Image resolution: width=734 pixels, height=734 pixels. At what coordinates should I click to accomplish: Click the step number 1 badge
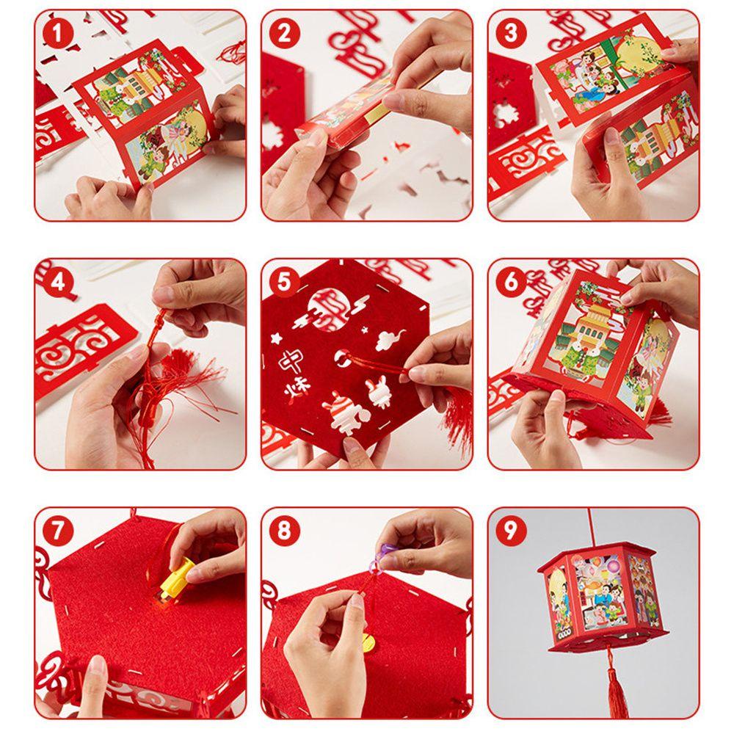click(x=57, y=33)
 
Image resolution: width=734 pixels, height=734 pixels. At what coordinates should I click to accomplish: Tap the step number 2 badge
click(x=284, y=33)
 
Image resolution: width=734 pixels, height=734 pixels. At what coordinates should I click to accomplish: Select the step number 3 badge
click(x=511, y=33)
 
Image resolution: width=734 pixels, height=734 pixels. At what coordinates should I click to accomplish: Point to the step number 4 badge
click(x=57, y=283)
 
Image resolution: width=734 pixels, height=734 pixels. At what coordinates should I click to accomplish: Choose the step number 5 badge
click(x=284, y=283)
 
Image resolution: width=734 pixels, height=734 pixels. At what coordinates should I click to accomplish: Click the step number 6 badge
click(x=511, y=283)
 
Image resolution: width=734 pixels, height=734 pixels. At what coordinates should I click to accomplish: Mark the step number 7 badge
click(x=57, y=531)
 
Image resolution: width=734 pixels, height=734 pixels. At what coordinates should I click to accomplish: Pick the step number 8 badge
click(x=284, y=531)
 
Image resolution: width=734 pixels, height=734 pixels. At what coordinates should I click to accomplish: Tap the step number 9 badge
click(x=511, y=531)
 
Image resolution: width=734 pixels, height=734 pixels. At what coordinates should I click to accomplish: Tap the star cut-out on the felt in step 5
click(x=275, y=338)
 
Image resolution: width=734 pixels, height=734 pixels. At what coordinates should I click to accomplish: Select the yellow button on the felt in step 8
click(x=368, y=642)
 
